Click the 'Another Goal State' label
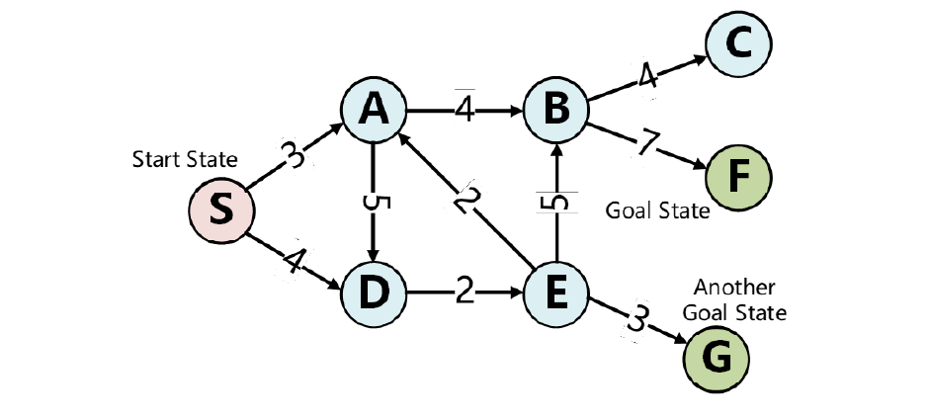coord(740,300)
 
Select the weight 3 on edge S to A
coord(293,156)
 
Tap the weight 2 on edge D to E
coord(465,293)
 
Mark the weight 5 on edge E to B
coord(557,203)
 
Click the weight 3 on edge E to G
coord(639,319)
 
